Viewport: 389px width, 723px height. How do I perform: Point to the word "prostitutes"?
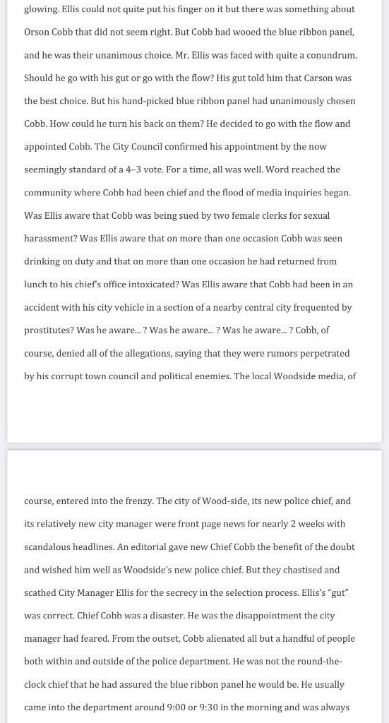pos(48,330)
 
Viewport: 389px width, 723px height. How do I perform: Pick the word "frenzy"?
pos(137,501)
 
